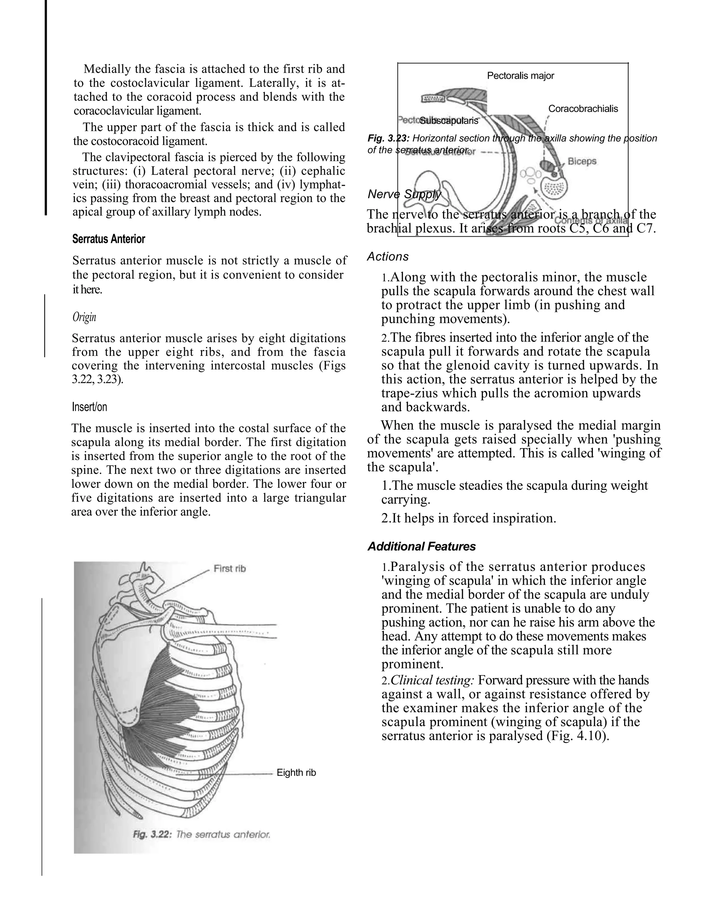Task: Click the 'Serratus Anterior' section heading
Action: click(109, 239)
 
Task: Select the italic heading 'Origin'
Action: click(84, 317)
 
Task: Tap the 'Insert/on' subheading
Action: click(89, 407)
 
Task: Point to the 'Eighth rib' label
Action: click(296, 773)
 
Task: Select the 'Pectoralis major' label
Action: click(520, 76)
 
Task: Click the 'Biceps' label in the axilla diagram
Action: click(582, 161)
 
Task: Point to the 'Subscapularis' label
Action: click(449, 121)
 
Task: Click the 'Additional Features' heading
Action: click(422, 546)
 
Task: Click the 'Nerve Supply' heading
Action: click(404, 194)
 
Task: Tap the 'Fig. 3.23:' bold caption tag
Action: click(389, 138)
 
